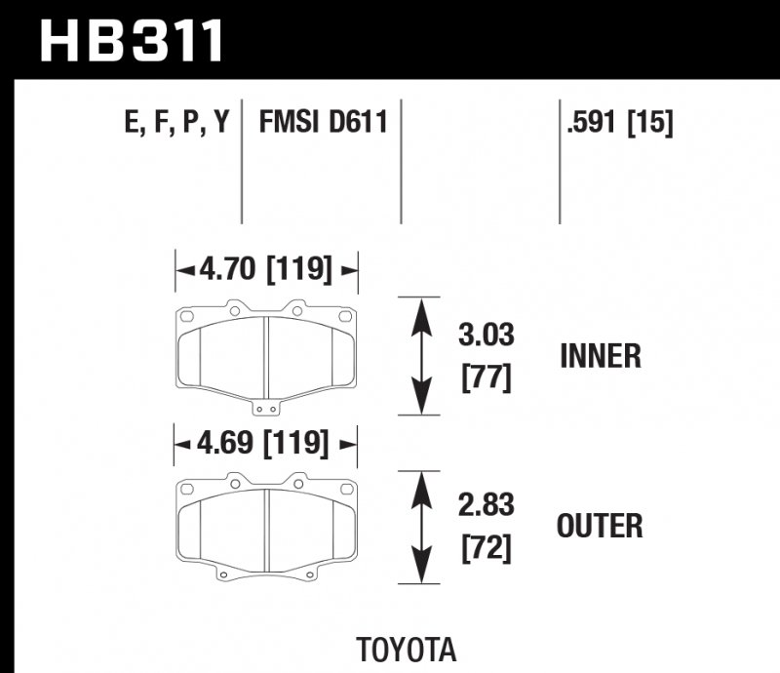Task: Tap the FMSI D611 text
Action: coord(323,123)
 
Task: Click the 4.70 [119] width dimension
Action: coord(266,268)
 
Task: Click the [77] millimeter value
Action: coord(486,376)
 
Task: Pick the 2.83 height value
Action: coord(486,506)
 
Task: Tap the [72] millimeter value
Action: coord(486,548)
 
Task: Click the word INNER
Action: coord(601,356)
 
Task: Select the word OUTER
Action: coord(600,527)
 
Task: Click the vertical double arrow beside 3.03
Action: coord(420,356)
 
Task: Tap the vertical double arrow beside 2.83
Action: coord(420,527)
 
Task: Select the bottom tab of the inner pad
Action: coord(266,408)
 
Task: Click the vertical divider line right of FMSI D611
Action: coord(401,161)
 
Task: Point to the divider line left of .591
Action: coord(560,161)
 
